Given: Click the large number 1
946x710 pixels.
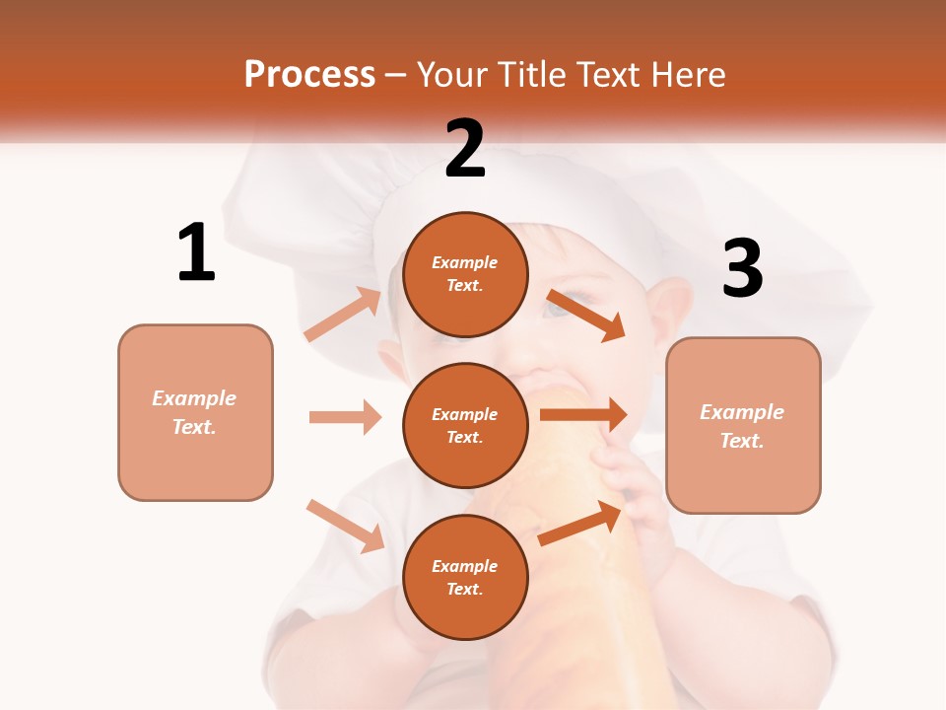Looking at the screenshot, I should click(196, 252).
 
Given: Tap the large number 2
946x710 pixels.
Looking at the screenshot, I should click(465, 149).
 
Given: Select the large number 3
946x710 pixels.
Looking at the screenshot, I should click(743, 269).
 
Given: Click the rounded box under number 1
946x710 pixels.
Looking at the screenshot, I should click(195, 412).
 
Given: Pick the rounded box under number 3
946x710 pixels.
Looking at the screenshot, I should click(743, 425).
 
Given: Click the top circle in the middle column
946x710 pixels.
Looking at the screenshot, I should click(465, 274).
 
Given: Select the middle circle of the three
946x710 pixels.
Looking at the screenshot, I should click(465, 425).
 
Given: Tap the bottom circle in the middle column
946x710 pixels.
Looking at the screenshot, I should click(465, 577).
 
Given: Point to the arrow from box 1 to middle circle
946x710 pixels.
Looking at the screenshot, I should click(345, 417).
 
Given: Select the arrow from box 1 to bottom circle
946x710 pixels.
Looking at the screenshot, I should click(345, 526).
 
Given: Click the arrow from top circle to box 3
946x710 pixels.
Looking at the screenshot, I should click(586, 315).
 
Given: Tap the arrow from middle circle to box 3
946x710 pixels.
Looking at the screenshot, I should click(583, 414).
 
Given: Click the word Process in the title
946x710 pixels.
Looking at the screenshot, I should click(309, 75).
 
